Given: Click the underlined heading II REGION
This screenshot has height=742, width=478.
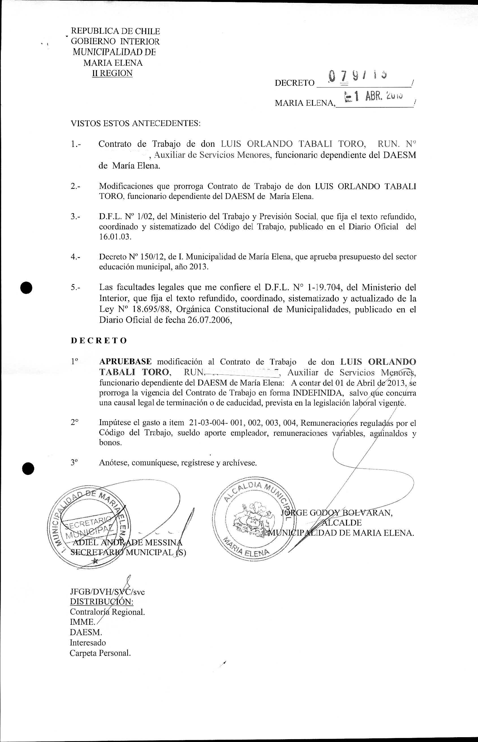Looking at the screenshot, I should pyautogui.click(x=112, y=73).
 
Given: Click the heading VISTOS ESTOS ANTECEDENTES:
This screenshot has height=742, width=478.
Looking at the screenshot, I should pyautogui.click(x=136, y=123).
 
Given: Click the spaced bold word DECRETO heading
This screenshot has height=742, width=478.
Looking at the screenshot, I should pyautogui.click(x=99, y=340).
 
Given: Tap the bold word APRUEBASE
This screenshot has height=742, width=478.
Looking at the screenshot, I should pyautogui.click(x=125, y=362).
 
